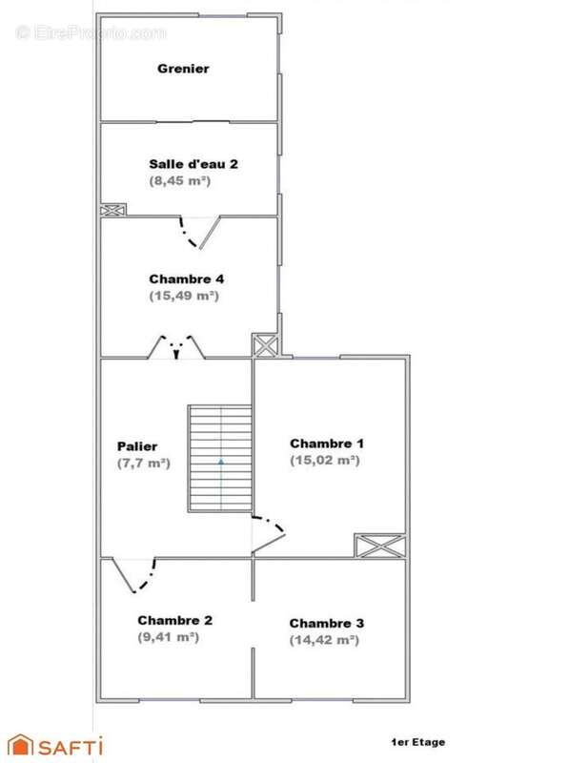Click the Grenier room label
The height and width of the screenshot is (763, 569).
(183, 69)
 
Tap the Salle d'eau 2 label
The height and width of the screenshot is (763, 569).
(193, 163)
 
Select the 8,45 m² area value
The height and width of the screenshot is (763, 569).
(179, 180)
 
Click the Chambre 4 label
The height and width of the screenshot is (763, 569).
(187, 279)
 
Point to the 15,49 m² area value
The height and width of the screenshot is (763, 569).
(184, 297)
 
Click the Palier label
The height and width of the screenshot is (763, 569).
(137, 446)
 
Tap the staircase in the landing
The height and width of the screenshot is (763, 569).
(220, 459)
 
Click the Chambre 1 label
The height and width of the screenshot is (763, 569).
(327, 443)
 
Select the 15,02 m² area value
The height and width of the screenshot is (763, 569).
(325, 461)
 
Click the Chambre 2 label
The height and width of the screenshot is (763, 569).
(174, 620)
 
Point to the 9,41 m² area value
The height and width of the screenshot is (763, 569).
(168, 637)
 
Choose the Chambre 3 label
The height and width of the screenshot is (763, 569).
(327, 624)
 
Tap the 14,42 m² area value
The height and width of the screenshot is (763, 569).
(325, 641)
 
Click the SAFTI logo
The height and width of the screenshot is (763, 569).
(55, 745)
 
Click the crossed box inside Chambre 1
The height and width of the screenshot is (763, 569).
(380, 546)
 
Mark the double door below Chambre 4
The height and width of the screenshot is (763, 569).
(176, 346)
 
